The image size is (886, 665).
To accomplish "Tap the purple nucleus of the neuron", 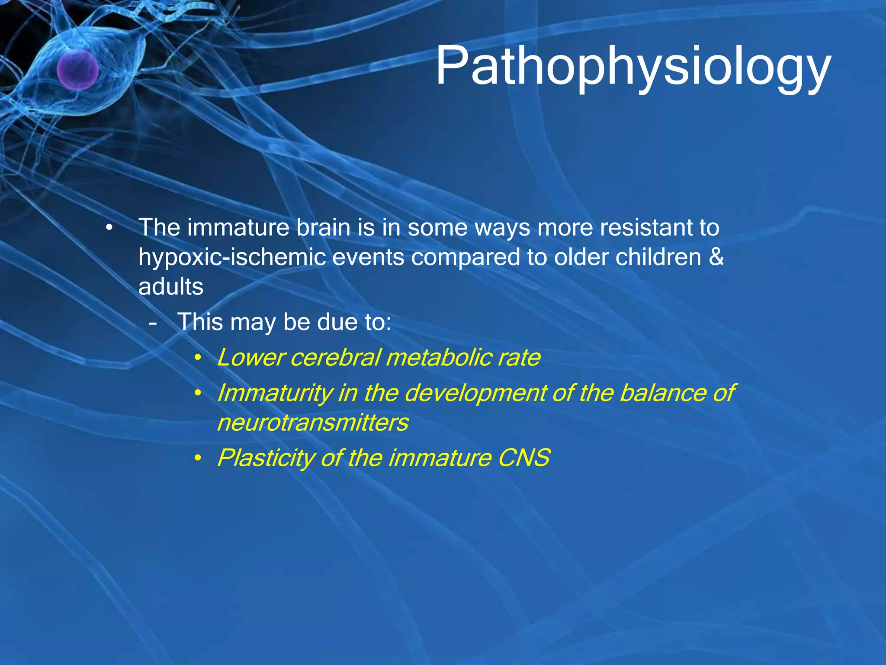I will pyautogui.click(x=78, y=70).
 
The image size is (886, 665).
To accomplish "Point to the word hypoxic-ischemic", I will pyautogui.click(x=232, y=258).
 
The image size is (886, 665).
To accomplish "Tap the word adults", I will pyautogui.click(x=171, y=287).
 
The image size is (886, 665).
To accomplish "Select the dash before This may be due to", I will pyautogui.click(x=152, y=323).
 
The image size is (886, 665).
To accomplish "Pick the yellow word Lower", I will pyautogui.click(x=250, y=358).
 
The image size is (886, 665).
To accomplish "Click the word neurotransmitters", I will pyautogui.click(x=313, y=423).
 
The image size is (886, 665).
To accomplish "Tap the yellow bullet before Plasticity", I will pyautogui.click(x=198, y=458).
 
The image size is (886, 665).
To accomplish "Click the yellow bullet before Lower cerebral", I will pyautogui.click(x=198, y=358).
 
